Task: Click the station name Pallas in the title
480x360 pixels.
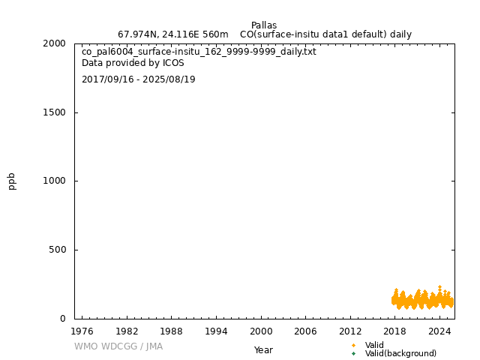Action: click(x=264, y=25)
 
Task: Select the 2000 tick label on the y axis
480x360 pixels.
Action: click(x=54, y=43)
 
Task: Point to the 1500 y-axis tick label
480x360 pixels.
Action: click(x=54, y=112)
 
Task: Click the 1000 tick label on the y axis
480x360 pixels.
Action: click(x=54, y=181)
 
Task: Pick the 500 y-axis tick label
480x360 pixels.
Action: click(x=57, y=250)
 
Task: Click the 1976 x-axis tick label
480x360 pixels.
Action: click(x=82, y=331)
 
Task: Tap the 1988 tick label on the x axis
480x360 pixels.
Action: click(x=171, y=331)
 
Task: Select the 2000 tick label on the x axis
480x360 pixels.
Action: click(x=261, y=331)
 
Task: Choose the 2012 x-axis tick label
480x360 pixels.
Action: click(x=350, y=331)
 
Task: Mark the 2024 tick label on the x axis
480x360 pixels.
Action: click(x=440, y=331)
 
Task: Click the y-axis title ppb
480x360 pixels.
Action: click(x=12, y=181)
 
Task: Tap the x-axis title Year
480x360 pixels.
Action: click(x=263, y=350)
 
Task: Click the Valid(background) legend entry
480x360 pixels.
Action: click(x=400, y=353)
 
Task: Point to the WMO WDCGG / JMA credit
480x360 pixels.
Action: click(x=118, y=346)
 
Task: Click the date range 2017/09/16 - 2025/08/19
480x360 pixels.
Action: click(x=139, y=79)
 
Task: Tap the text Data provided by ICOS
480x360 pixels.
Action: click(x=133, y=64)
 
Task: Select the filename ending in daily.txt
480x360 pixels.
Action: click(x=199, y=52)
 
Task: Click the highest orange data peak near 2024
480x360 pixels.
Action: click(x=439, y=286)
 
